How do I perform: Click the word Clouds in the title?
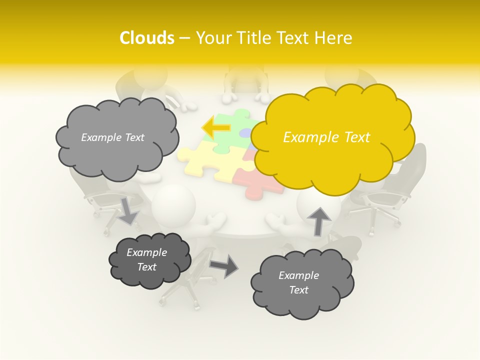pyautogui.click(x=147, y=38)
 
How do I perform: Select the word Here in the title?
pyautogui.click(x=333, y=38)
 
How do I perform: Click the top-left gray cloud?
pyautogui.click(x=116, y=150)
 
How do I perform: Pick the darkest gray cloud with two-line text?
pyautogui.click(x=148, y=260)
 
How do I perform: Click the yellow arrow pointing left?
pyautogui.click(x=216, y=127)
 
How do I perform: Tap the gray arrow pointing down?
pyautogui.click(x=128, y=210)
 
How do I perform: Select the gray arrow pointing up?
pyautogui.click(x=319, y=220)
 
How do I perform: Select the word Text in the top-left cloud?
pyautogui.click(x=133, y=137)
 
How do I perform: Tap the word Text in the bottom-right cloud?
pyautogui.click(x=298, y=290)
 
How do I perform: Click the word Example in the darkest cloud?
pyautogui.click(x=146, y=252)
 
